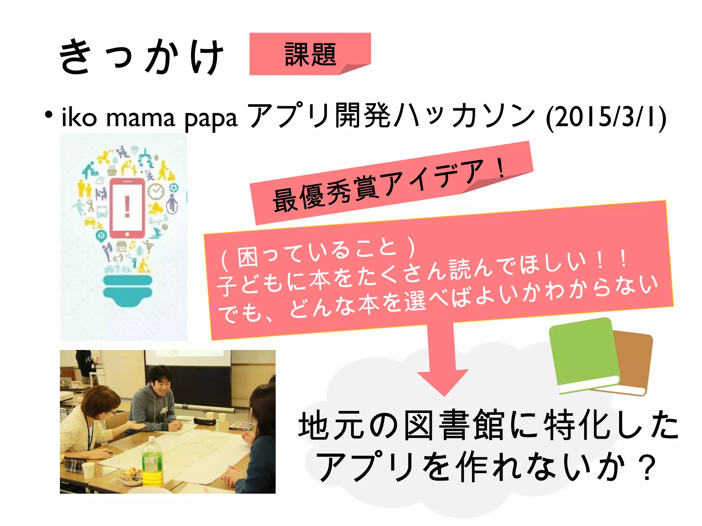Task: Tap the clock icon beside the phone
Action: tap(156, 191)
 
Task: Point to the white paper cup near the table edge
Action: tap(88, 470)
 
